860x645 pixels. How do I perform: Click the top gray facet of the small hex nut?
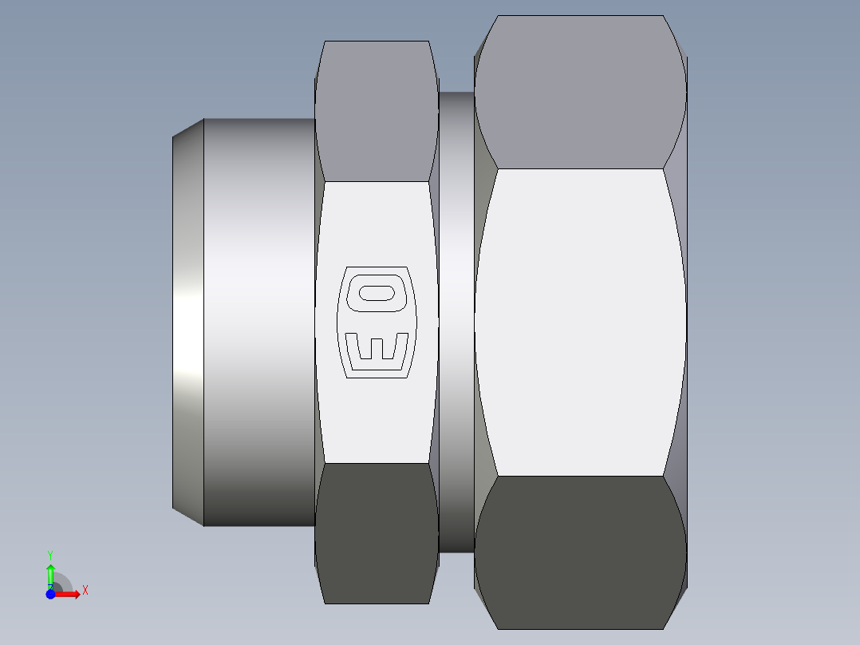click(x=376, y=112)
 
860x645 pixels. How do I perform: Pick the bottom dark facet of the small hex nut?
click(x=376, y=532)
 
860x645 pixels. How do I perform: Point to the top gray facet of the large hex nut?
click(x=580, y=92)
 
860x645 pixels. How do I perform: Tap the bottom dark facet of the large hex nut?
click(x=580, y=552)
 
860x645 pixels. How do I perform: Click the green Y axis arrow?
click(x=50, y=574)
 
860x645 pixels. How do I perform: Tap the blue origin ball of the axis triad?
click(x=50, y=594)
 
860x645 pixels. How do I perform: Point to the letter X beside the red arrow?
click(x=85, y=591)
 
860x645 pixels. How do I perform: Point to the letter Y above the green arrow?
click(x=50, y=554)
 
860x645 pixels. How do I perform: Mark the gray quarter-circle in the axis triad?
click(x=62, y=583)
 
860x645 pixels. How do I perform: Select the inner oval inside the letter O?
click(x=377, y=294)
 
